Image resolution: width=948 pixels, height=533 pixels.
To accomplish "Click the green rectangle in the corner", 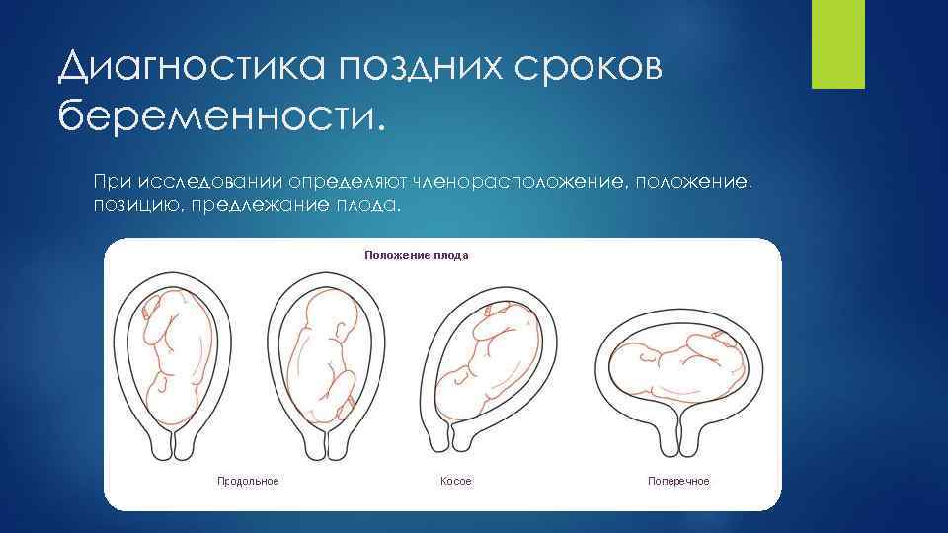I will [x=837, y=44].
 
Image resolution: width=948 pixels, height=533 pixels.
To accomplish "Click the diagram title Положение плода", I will [x=416, y=255].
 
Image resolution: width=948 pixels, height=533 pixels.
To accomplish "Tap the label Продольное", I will [x=248, y=481].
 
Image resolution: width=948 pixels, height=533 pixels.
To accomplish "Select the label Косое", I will [x=456, y=481].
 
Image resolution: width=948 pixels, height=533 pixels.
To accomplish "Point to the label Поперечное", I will [x=678, y=481].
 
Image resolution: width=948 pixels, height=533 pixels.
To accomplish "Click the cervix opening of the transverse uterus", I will [x=678, y=434].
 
